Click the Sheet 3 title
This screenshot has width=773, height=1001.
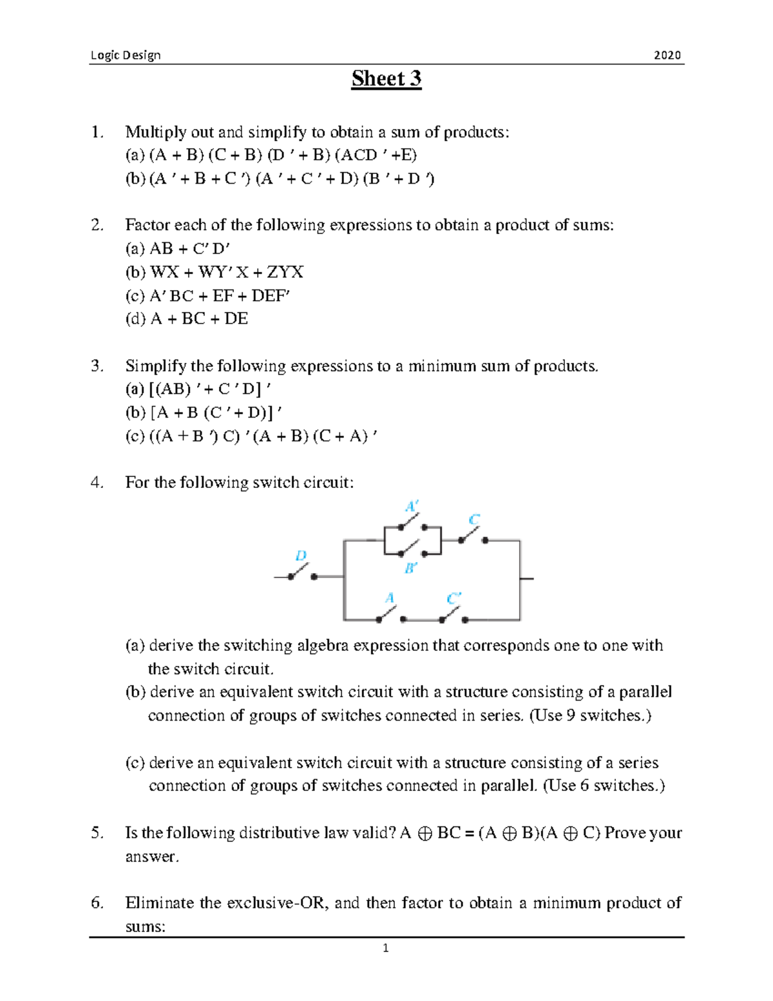(x=386, y=79)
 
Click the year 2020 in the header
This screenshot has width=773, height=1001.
(x=667, y=55)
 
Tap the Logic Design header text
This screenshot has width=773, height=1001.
(x=126, y=55)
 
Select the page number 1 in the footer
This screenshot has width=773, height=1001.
(x=386, y=948)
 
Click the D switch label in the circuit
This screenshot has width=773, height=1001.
(x=301, y=556)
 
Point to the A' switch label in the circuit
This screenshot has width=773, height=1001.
(x=412, y=506)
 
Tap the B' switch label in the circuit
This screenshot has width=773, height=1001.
(x=410, y=569)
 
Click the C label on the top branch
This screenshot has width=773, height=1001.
(x=474, y=520)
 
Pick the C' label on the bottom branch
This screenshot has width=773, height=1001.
(x=453, y=598)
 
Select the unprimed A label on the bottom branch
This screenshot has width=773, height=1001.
(x=389, y=598)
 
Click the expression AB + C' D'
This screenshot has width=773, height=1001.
(x=190, y=249)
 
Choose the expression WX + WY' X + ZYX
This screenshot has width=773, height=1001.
(x=226, y=272)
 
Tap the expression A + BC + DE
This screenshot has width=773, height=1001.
(x=199, y=319)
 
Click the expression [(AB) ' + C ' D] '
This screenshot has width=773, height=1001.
(x=210, y=389)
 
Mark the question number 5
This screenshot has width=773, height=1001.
(x=97, y=833)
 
